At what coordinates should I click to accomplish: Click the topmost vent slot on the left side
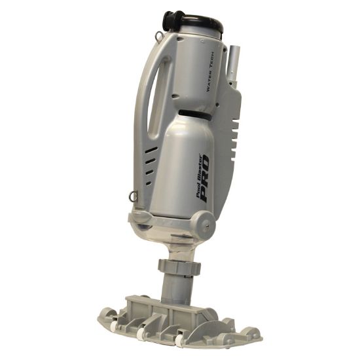(151, 150)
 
